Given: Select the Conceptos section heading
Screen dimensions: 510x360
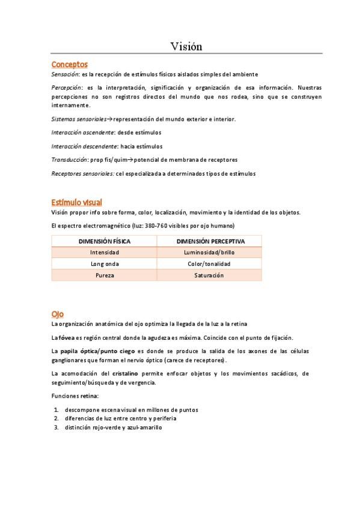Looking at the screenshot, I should (x=70, y=64).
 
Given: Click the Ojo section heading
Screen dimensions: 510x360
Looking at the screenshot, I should (x=58, y=314).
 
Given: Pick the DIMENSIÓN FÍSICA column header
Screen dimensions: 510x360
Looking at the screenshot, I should (x=105, y=241).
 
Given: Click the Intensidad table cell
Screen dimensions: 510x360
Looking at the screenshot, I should (x=105, y=253).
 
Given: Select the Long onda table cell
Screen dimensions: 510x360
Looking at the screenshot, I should (x=105, y=264).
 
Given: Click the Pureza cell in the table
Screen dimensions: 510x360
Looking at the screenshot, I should (x=105, y=275).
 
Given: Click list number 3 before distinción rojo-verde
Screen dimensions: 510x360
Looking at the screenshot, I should (x=56, y=428).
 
